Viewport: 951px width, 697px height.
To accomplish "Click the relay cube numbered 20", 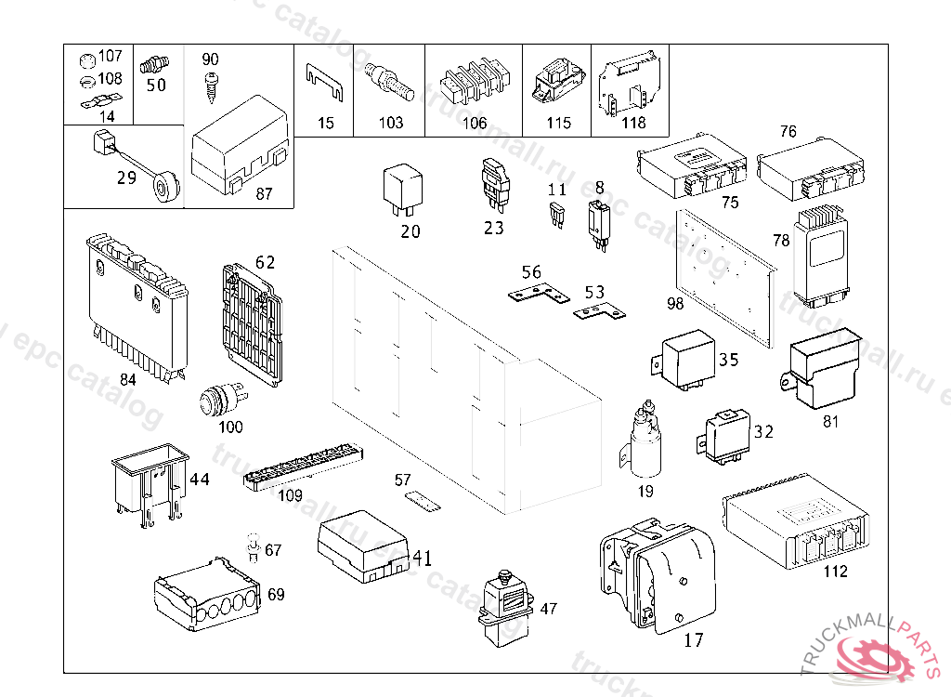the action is (403, 191).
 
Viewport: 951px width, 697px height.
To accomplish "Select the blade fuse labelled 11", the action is (556, 215).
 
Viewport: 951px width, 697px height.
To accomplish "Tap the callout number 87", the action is (264, 193).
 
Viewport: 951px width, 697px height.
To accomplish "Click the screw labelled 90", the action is (212, 86).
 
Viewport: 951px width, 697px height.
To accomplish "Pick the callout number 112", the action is (835, 572).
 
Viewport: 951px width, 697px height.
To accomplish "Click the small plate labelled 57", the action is (423, 501).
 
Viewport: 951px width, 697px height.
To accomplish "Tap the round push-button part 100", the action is (223, 401).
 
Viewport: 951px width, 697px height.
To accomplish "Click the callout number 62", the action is (265, 262).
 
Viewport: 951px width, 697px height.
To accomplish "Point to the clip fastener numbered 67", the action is (254, 547).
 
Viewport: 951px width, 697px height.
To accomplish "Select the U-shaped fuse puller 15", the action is (324, 82).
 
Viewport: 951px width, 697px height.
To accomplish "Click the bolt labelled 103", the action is (389, 83).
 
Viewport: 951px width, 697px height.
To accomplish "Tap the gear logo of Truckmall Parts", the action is (875, 659).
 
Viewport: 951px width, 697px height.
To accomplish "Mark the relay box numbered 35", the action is (684, 360).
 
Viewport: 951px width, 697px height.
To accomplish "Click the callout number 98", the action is (675, 303).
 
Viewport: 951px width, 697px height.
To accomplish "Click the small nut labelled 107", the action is (87, 60).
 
